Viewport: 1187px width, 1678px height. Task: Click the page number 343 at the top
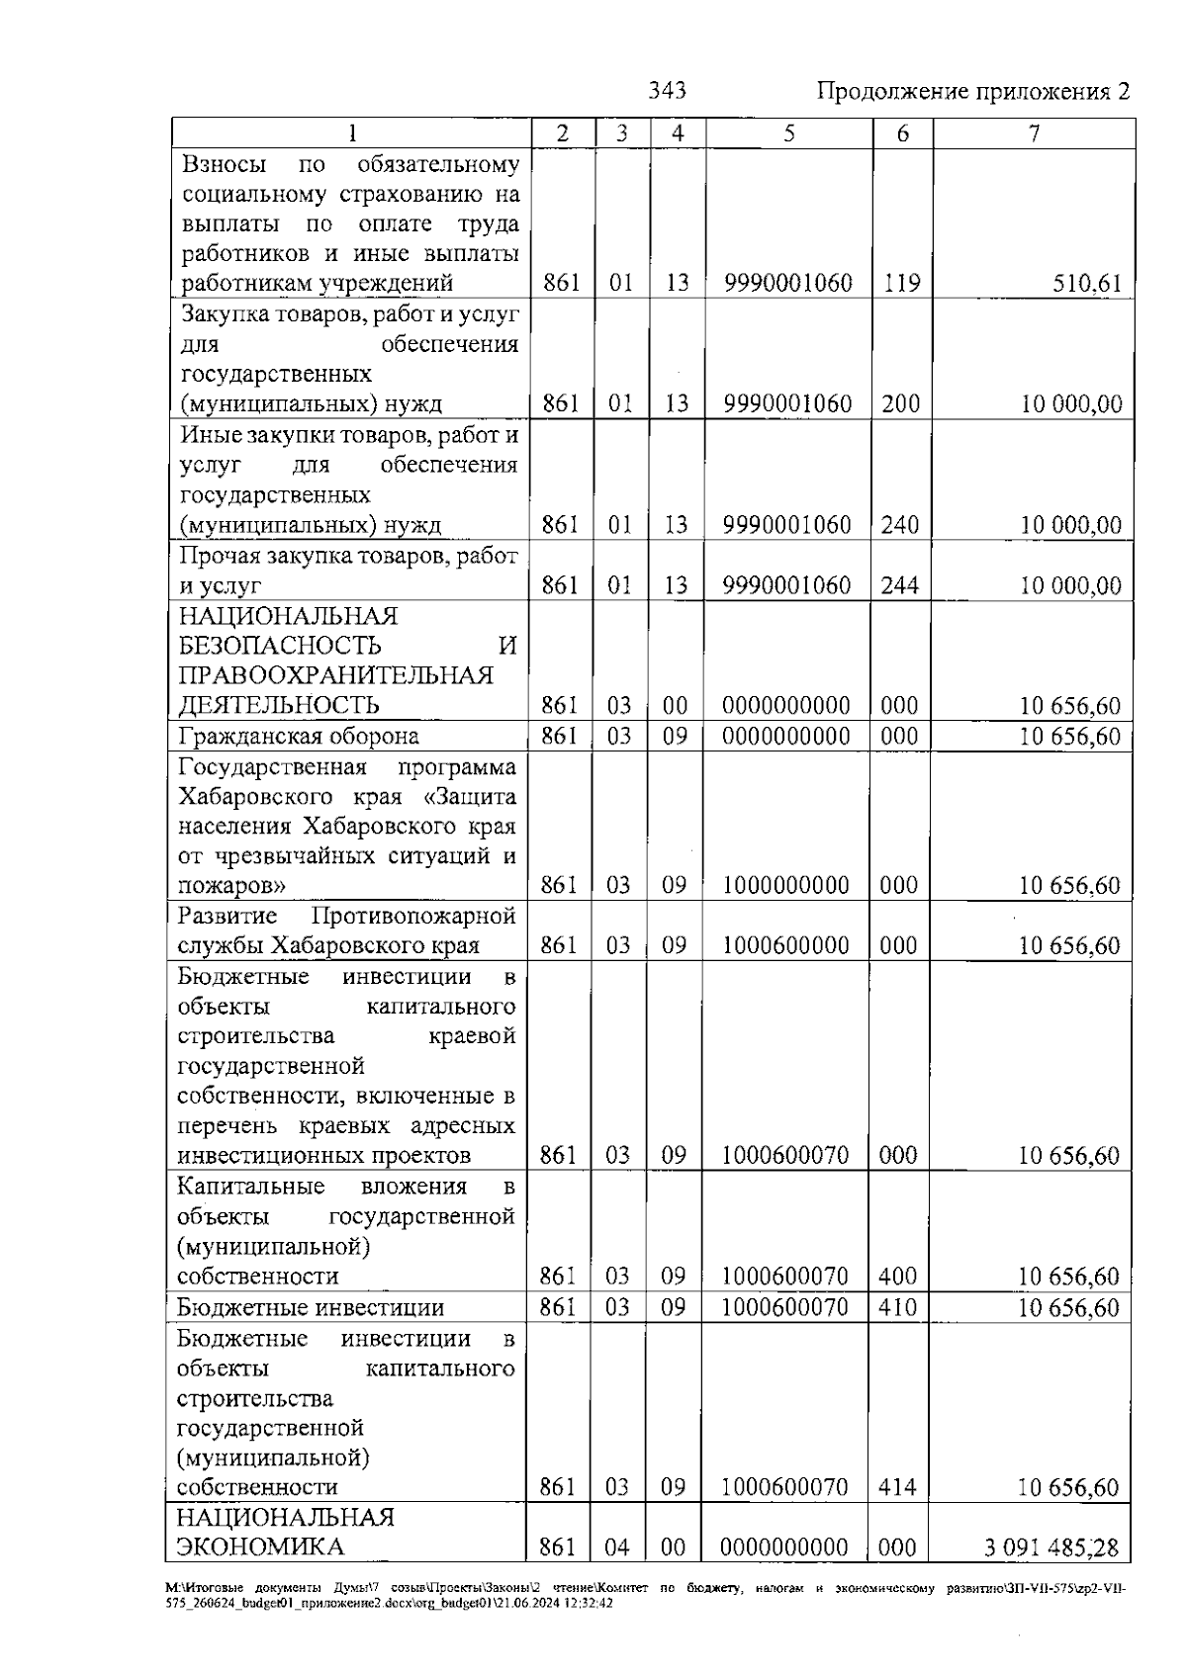pyautogui.click(x=667, y=91)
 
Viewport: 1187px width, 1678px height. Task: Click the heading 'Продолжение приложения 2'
pyautogui.click(x=973, y=92)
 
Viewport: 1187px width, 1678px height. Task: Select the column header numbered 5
pyautogui.click(x=788, y=133)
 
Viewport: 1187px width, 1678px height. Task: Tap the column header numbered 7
pyautogui.click(x=1034, y=133)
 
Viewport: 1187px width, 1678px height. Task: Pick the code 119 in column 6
pyautogui.click(x=901, y=284)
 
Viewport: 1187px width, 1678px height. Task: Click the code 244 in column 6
pyautogui.click(x=900, y=585)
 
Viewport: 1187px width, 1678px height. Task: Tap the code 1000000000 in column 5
pyautogui.click(x=786, y=885)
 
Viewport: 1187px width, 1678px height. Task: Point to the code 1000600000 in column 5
pyautogui.click(x=786, y=945)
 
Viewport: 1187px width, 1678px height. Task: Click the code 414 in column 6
pyautogui.click(x=898, y=1487)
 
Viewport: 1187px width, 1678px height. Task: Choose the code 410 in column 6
pyautogui.click(x=898, y=1307)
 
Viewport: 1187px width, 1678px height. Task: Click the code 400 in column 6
pyautogui.click(x=898, y=1277)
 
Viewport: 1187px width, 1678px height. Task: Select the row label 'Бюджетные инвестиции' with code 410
pyautogui.click(x=311, y=1308)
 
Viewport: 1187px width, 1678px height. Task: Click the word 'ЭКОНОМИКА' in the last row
pyautogui.click(x=260, y=1547)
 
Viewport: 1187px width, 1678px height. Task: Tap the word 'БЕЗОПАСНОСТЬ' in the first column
pyautogui.click(x=280, y=647)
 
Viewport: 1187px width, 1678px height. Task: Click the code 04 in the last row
pyautogui.click(x=617, y=1547)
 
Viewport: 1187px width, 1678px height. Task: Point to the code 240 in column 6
pyautogui.click(x=900, y=525)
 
